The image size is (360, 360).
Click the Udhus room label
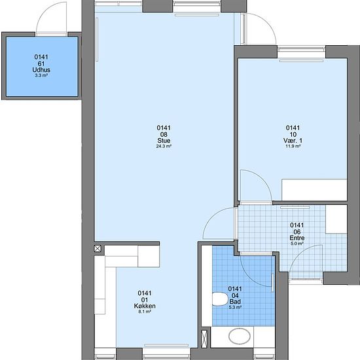click(x=41, y=70)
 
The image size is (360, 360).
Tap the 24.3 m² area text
click(x=164, y=146)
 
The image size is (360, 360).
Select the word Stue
click(x=164, y=140)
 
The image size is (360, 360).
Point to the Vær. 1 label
click(x=293, y=140)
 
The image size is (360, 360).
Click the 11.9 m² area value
click(x=293, y=146)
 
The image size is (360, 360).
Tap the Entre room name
click(x=297, y=238)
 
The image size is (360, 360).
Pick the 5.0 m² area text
click(x=297, y=243)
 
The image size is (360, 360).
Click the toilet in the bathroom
click(x=219, y=299)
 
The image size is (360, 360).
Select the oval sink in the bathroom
click(x=240, y=336)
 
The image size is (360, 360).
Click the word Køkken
click(x=145, y=306)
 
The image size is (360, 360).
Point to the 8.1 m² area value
click(x=145, y=312)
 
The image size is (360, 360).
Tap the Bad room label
click(x=235, y=302)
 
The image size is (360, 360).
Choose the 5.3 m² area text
click(x=235, y=307)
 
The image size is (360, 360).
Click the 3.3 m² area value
click(x=41, y=75)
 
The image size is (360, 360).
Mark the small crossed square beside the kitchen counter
click(x=98, y=249)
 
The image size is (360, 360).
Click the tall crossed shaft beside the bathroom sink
click(x=204, y=338)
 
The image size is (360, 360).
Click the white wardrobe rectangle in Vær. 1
click(x=314, y=190)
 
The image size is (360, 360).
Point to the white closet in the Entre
click(x=336, y=219)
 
